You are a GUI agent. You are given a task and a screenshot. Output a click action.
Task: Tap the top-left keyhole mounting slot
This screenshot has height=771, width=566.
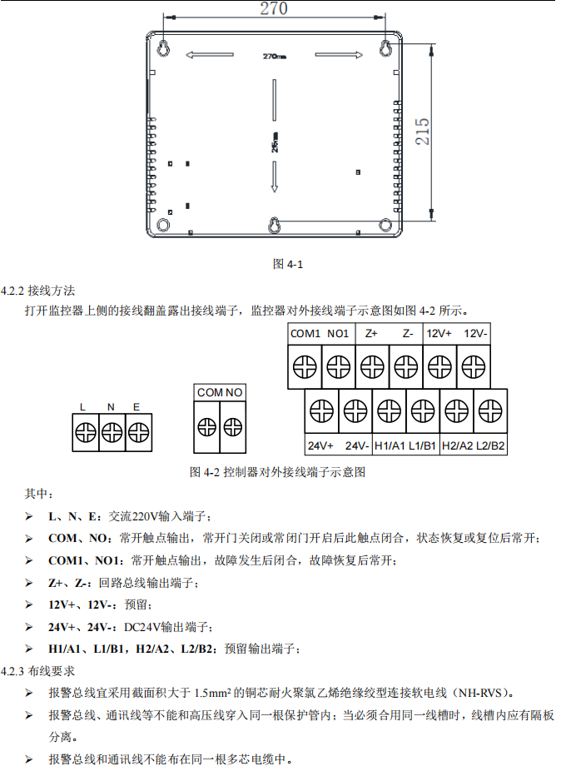[x=164, y=48]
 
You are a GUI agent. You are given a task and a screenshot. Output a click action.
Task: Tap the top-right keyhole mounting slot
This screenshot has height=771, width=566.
[x=385, y=48]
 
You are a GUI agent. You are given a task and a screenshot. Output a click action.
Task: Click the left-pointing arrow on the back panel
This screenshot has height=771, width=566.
[x=207, y=56]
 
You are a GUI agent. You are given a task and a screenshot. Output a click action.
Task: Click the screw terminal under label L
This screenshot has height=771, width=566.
[x=84, y=432]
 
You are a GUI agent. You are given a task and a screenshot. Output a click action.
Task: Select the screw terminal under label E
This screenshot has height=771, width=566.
[x=137, y=432]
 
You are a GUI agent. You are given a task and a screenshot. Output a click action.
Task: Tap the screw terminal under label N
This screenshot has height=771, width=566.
[x=111, y=432]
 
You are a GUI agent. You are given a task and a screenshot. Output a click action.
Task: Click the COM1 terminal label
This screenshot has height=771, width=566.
[x=305, y=333]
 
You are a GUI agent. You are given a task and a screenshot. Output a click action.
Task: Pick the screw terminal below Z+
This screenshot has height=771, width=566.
[x=372, y=366]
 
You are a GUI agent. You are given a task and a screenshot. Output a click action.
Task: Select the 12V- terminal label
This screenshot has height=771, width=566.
[x=475, y=333]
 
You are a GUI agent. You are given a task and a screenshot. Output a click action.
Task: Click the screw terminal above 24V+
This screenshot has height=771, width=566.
[x=321, y=410]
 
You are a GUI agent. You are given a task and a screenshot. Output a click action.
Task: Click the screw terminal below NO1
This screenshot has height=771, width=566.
[x=338, y=366]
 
